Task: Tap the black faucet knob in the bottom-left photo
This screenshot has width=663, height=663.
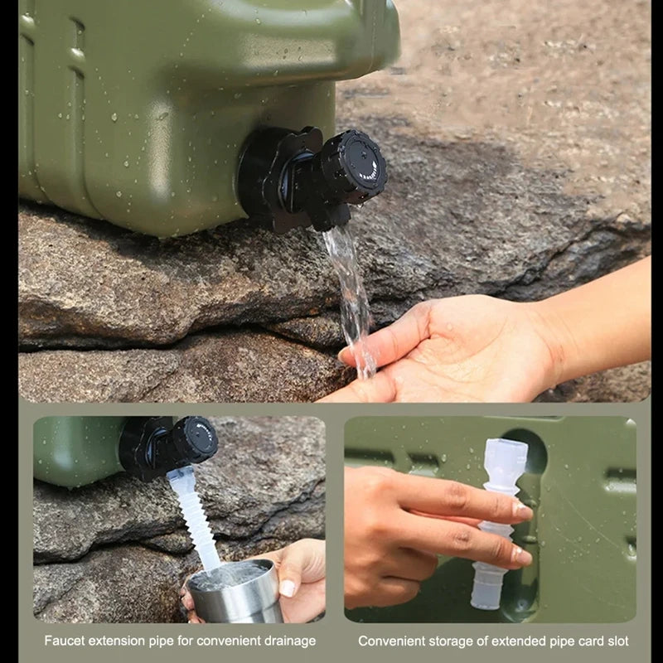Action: [x=195, y=438]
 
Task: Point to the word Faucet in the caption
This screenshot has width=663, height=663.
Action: [x=65, y=641]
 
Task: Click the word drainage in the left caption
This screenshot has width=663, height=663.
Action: [x=287, y=641]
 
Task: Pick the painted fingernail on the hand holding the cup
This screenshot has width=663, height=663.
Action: [x=287, y=588]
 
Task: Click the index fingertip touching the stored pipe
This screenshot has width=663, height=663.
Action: [x=521, y=511]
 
